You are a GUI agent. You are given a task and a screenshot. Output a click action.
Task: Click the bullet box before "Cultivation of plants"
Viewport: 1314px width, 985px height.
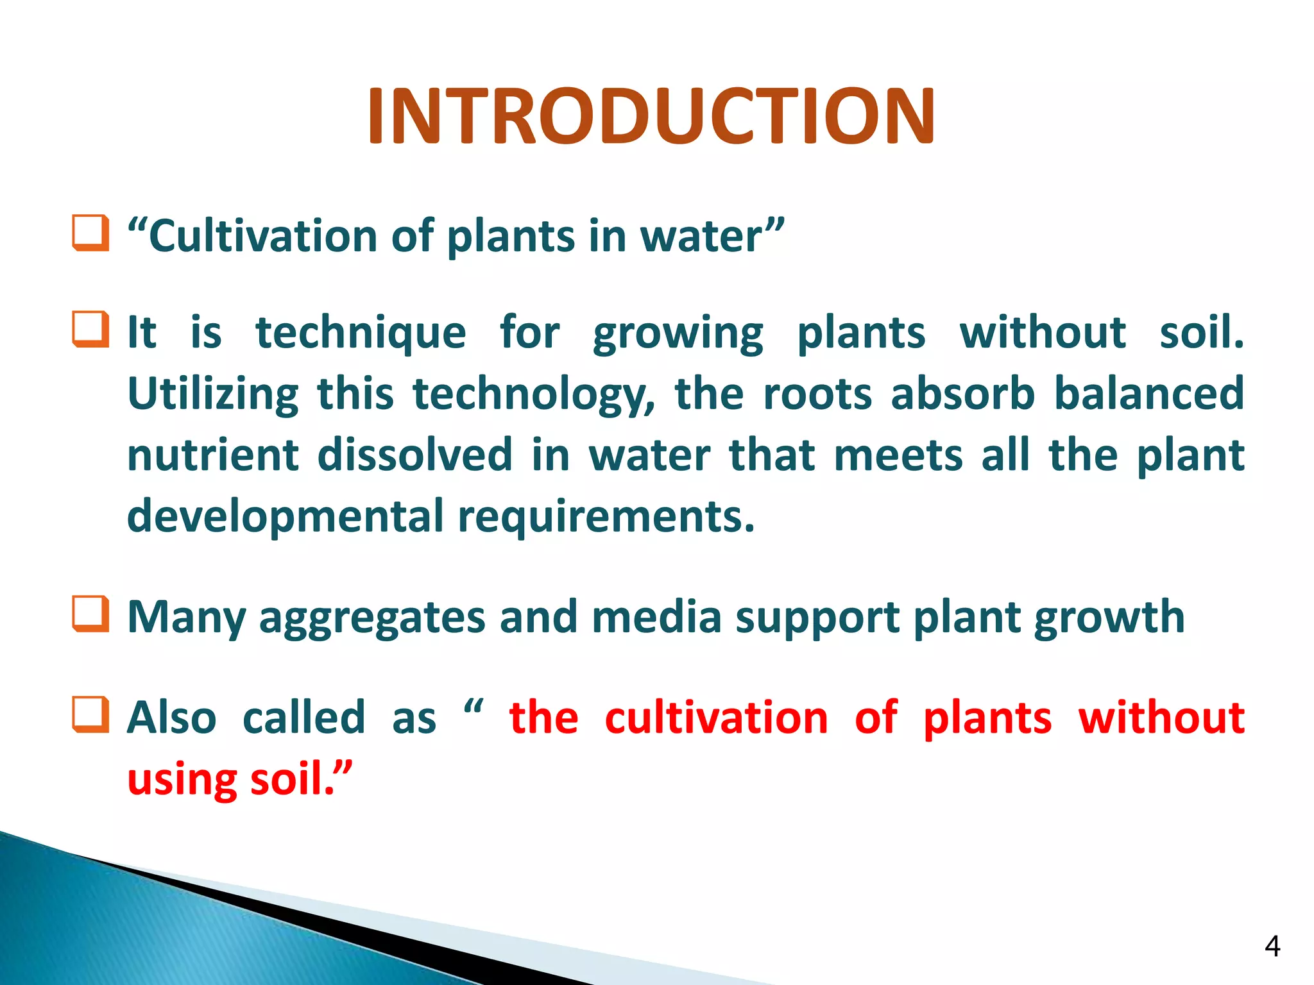90,233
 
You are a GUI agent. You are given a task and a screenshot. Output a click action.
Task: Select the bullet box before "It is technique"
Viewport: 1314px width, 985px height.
90,329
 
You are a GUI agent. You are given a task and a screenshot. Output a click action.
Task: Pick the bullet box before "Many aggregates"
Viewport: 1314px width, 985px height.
90,614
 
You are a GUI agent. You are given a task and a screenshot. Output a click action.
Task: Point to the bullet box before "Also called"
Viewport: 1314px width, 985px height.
90,714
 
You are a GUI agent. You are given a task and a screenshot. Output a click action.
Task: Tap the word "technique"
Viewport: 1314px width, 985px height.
361,333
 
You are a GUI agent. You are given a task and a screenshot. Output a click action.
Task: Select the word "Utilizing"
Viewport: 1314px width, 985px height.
213,394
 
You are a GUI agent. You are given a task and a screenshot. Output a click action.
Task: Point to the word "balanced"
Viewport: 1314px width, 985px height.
1148,394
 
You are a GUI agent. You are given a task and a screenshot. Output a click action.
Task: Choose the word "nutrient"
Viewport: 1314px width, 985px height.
213,455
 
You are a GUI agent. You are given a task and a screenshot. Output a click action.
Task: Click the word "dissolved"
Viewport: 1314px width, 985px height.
414,455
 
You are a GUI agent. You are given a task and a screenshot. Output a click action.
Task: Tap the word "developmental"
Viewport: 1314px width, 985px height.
285,517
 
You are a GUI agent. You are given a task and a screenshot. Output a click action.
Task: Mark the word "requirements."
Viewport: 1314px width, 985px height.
606,517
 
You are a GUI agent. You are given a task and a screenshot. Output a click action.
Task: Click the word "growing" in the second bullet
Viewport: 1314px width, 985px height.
678,333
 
